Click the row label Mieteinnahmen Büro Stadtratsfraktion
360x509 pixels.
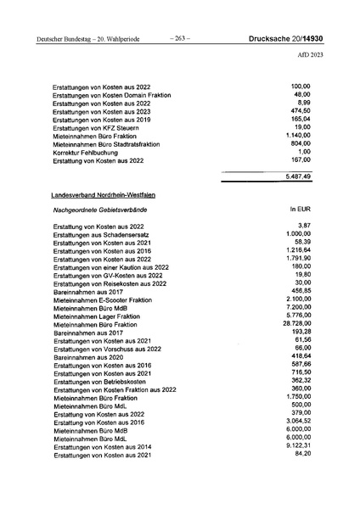click(113, 144)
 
